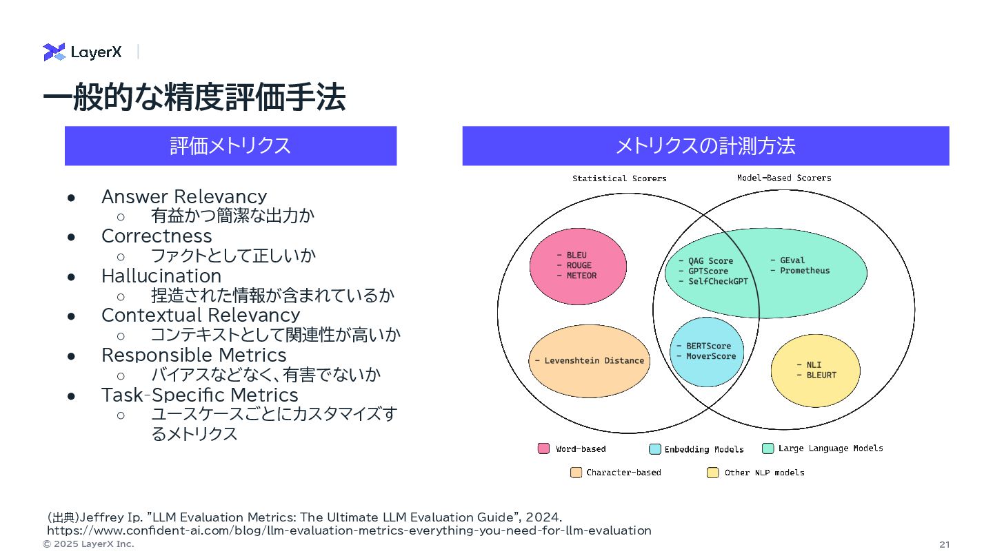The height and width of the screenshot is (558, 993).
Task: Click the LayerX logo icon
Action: tap(54, 52)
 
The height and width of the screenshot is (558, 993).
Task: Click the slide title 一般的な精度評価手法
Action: tap(194, 99)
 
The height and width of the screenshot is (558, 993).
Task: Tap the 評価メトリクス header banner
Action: tap(230, 146)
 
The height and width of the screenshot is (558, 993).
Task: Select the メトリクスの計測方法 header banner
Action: tap(705, 146)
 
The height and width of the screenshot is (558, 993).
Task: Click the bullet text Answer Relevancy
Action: tap(183, 196)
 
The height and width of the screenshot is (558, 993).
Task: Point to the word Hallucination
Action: tap(161, 276)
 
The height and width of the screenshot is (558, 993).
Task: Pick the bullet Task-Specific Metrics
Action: tap(199, 395)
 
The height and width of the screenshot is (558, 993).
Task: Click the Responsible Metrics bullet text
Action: tap(194, 355)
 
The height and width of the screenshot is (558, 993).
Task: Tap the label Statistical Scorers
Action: tap(619, 178)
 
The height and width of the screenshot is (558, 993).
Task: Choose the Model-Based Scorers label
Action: tap(784, 178)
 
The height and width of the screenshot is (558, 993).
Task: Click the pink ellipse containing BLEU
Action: tap(578, 266)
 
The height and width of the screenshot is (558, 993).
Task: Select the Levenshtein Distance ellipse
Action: tap(589, 361)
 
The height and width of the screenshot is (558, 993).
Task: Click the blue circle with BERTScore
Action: tap(707, 351)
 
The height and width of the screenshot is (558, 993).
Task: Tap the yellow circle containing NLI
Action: tap(815, 370)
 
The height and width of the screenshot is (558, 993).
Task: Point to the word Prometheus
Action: tap(805, 271)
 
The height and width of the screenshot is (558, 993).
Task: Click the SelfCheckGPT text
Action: tap(718, 281)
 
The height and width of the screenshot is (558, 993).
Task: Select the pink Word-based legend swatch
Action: tap(543, 448)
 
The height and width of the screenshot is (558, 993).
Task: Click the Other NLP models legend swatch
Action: tap(712, 473)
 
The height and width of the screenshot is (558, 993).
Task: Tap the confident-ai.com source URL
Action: tap(349, 530)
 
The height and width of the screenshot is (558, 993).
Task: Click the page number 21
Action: tap(944, 544)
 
